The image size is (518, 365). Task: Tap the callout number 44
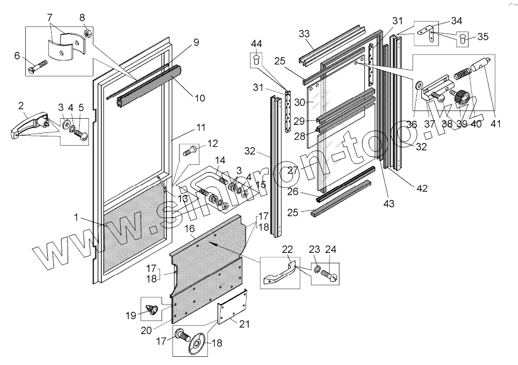click(x=257, y=43)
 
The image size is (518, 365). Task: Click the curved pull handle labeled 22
click(x=280, y=272)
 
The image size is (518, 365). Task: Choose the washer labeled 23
click(x=317, y=269)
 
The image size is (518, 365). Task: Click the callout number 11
click(x=200, y=128)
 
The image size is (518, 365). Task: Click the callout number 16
click(x=190, y=227)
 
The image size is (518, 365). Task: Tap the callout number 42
click(x=422, y=188)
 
